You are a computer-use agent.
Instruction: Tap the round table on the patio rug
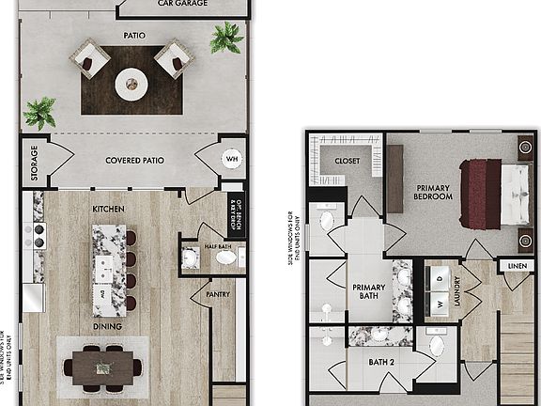(131, 85)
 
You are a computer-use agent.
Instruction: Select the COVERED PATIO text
(134, 161)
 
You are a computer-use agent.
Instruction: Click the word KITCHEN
(109, 207)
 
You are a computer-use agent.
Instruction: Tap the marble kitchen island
(109, 268)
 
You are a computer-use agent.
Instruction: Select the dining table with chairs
(103, 367)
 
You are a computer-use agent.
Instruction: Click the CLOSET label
(348, 161)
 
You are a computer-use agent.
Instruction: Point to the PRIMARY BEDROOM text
(433, 192)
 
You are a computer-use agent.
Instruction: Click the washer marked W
(440, 304)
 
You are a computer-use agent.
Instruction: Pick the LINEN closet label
(517, 267)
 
